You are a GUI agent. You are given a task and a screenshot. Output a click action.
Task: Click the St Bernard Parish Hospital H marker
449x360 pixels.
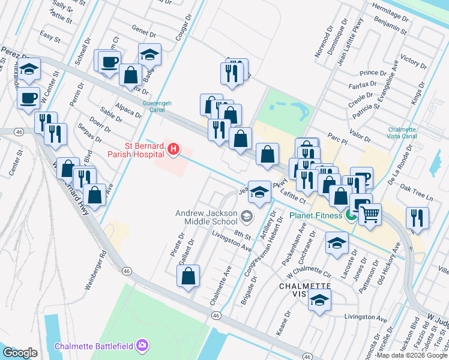(x=173, y=148)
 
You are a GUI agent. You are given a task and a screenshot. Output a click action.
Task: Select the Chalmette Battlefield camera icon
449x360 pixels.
(x=142, y=345)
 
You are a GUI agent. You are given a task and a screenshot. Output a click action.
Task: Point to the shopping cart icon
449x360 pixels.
(x=370, y=213)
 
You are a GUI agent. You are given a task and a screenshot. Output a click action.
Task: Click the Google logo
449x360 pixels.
(x=20, y=353)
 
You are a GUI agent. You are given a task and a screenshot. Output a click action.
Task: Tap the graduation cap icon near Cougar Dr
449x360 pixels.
(x=149, y=55)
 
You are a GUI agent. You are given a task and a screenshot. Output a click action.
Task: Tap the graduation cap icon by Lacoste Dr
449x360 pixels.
(x=337, y=244)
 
